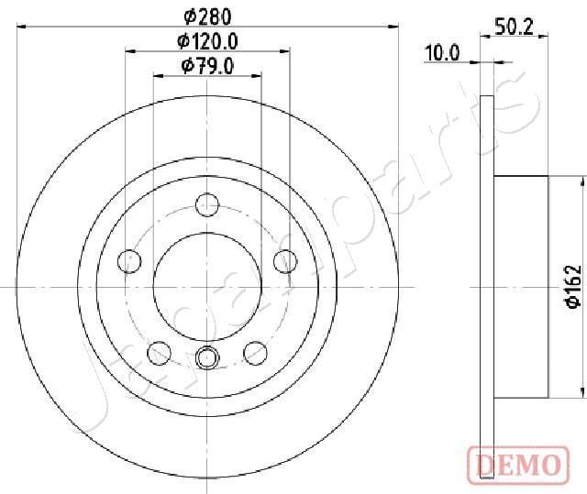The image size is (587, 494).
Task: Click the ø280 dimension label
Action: pyautogui.click(x=207, y=15)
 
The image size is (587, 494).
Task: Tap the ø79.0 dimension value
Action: pyautogui.click(x=207, y=65)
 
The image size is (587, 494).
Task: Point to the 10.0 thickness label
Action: pyautogui.click(x=441, y=53)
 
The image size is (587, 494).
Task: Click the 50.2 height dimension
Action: pyautogui.click(x=515, y=27)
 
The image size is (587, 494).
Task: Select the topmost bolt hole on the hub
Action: pyautogui.click(x=208, y=203)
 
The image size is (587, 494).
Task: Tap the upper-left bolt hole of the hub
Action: pyautogui.click(x=129, y=261)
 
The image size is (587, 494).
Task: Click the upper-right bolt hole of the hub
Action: pyautogui.click(x=286, y=261)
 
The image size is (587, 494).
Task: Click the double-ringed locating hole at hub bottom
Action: pyautogui.click(x=208, y=357)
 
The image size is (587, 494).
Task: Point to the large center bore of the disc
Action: pyautogui.click(x=208, y=286)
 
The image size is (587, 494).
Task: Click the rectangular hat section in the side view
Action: pyautogui.click(x=520, y=286)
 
